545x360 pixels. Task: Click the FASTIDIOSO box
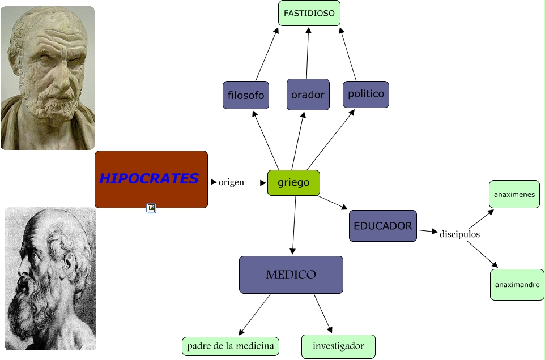tap(309, 13)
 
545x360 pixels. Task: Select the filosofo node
tap(246, 95)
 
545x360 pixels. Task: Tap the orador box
tap(308, 95)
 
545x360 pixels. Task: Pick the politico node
tap(366, 94)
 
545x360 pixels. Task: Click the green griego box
tap(293, 183)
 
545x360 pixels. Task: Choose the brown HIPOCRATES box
tap(151, 179)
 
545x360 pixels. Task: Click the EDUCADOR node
tap(383, 226)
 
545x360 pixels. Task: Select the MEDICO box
tap(291, 275)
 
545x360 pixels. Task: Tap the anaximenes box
tap(514, 194)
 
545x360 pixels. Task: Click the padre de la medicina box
tap(230, 346)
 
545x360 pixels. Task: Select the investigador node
tap(338, 346)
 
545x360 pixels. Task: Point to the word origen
tap(231, 182)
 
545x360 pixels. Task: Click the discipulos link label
tap(459, 234)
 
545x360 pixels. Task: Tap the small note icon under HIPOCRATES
tap(151, 208)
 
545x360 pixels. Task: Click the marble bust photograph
tap(48, 78)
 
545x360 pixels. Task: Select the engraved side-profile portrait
tap(50, 278)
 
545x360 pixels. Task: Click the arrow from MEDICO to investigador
tap(323, 314)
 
